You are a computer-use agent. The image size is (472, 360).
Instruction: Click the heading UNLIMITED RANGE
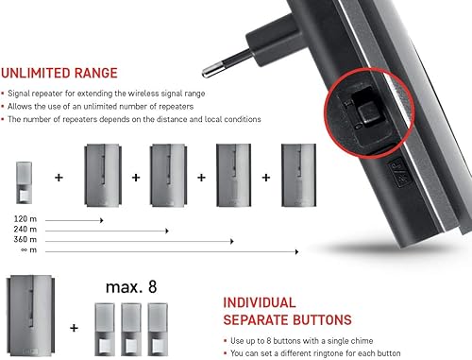pyautogui.click(x=59, y=73)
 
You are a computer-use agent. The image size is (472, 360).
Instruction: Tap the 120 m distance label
pyautogui.click(x=25, y=218)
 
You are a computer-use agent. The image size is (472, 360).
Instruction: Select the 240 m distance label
pyautogui.click(x=25, y=229)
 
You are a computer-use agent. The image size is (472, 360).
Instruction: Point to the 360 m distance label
pyautogui.click(x=25, y=239)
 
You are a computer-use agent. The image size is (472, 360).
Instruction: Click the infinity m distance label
pyautogui.click(x=28, y=250)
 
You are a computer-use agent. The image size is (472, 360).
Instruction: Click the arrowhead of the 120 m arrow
pyautogui.click(x=102, y=220)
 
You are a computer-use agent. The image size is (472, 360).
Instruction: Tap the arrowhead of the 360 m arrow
pyautogui.click(x=232, y=241)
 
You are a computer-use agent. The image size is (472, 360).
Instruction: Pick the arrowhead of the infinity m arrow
pyautogui.click(x=296, y=251)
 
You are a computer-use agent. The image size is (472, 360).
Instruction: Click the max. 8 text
pyautogui.click(x=131, y=287)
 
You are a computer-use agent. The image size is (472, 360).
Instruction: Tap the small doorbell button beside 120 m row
pyautogui.click(x=24, y=182)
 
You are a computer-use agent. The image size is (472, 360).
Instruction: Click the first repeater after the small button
pyautogui.click(x=103, y=175)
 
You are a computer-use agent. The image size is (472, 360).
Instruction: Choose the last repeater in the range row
pyautogui.click(x=298, y=175)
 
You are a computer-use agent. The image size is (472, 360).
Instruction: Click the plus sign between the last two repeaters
pyautogui.click(x=266, y=178)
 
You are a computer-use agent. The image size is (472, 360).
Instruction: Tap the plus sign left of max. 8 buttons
pyautogui.click(x=74, y=328)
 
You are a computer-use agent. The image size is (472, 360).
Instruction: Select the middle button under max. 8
pyautogui.click(x=131, y=330)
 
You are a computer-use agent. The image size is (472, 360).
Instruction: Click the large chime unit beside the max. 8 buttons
pyautogui.click(x=30, y=316)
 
